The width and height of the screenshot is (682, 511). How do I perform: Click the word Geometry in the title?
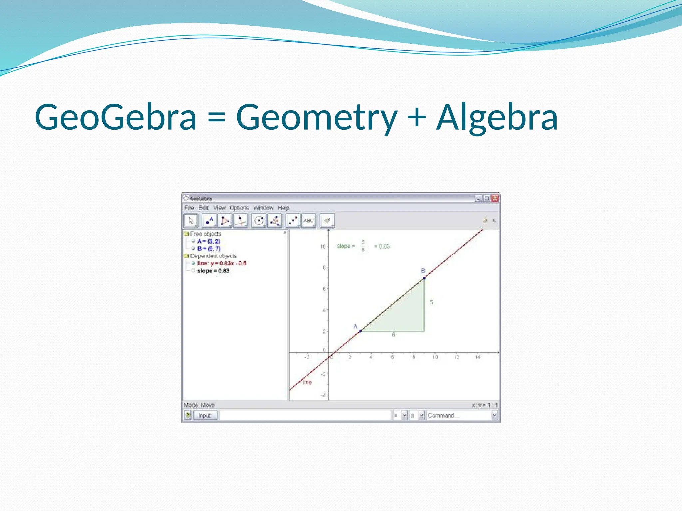[316, 117]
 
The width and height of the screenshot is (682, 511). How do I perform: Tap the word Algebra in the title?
[497, 117]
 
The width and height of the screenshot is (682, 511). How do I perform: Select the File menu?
[189, 208]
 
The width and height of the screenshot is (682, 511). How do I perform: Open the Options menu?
[239, 208]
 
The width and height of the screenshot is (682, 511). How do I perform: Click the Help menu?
[283, 208]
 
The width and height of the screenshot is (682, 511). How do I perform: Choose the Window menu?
[263, 208]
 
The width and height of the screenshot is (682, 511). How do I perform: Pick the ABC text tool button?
[309, 221]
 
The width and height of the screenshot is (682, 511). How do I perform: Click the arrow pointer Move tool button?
[191, 221]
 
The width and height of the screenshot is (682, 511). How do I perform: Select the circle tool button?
[259, 221]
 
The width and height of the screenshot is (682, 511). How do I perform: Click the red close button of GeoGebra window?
[495, 199]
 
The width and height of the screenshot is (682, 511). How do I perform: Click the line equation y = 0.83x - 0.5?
[222, 263]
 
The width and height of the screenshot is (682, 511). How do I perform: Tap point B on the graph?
[424, 278]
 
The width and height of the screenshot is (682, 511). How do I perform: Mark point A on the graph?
[360, 331]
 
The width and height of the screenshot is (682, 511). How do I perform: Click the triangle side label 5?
[431, 302]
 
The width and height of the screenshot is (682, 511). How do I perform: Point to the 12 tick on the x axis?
[456, 357]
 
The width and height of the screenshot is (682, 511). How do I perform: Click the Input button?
[205, 415]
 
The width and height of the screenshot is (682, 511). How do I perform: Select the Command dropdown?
[462, 415]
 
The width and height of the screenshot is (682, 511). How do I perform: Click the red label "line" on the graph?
[307, 382]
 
